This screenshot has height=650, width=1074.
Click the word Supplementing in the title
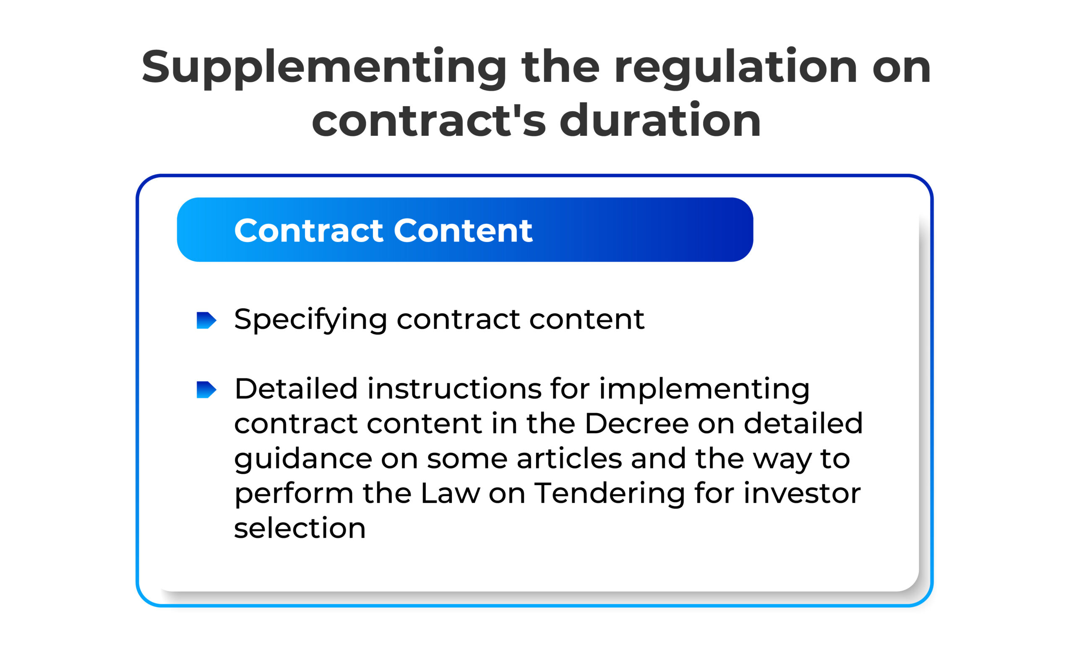pos(323,68)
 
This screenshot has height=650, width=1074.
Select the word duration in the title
pos(660,121)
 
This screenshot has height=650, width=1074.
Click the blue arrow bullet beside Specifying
pos(206,320)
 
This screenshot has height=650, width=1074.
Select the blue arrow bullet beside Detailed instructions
pos(206,390)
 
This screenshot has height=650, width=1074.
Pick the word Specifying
pos(310,320)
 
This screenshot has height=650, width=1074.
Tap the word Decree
pos(636,424)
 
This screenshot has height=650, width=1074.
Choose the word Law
pos(450,493)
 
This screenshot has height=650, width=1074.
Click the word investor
pos(802,493)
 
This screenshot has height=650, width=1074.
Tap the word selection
pos(300,528)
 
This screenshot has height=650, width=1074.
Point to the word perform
pos(294,494)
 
